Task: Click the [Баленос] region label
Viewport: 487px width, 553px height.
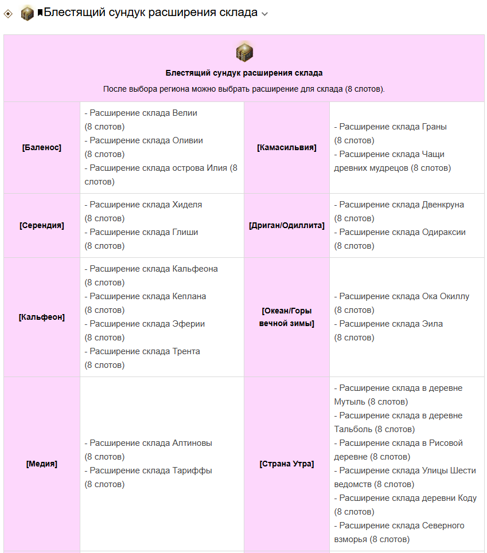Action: point(42,148)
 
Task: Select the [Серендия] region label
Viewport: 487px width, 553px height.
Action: point(42,226)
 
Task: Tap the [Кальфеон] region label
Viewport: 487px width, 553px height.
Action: point(42,317)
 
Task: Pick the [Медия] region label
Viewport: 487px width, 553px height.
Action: point(42,464)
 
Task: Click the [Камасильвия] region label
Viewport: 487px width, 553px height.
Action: point(287,148)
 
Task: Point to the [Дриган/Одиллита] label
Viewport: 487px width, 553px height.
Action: point(287,226)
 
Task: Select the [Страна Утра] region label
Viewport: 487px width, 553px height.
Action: point(287,464)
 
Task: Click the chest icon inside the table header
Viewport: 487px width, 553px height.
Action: point(244,52)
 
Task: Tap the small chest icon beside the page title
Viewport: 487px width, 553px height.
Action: point(28,13)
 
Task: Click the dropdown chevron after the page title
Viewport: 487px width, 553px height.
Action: point(264,14)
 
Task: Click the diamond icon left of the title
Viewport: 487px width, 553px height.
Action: point(8,14)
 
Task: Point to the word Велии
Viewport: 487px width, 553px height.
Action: point(185,113)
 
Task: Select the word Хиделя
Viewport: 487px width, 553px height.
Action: point(187,205)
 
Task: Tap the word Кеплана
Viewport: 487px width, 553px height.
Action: point(189,297)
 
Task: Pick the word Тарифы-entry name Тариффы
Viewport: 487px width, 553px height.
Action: point(192,471)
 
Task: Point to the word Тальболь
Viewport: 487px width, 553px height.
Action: point(353,429)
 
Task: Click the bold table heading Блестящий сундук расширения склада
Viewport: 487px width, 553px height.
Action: point(244,73)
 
